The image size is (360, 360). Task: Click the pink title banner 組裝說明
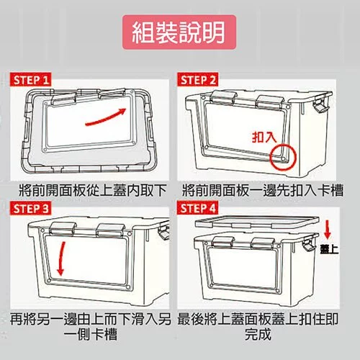pos(179,32)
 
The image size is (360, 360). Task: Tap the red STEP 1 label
pos(30,79)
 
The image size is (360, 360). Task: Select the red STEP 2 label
pos(197,79)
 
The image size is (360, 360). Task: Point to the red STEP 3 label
pos(30,208)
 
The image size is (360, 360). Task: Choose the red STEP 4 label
pos(197,208)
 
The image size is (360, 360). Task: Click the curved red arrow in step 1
pos(107,117)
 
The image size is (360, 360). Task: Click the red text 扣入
pos(264,137)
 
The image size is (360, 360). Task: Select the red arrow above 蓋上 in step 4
pos(328,230)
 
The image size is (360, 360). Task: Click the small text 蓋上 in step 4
pos(329,250)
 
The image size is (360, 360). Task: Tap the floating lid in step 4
pos(257,222)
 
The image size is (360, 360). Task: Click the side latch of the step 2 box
pos(320,104)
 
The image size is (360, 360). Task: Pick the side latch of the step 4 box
pos(308,243)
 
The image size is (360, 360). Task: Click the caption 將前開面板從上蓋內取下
pos(92,191)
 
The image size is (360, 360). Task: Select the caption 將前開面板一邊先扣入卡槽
pos(263,191)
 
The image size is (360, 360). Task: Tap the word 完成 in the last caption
pos(258,334)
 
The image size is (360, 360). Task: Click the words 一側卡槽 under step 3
pos(91,334)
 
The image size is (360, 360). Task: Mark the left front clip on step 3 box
pos(63,229)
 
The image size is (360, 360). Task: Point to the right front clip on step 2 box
pos(270,101)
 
